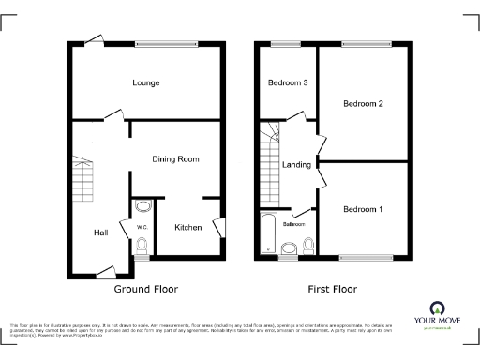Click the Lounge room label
click(145, 83)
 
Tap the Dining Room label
click(176, 159)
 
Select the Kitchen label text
click(187, 227)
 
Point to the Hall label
click(100, 232)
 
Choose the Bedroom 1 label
click(361, 208)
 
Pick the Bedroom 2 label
click(362, 103)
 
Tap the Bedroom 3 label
click(288, 83)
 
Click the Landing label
click(296, 165)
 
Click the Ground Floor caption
click(145, 289)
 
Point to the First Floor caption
click(335, 289)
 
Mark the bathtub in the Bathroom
click(268, 234)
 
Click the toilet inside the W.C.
click(142, 246)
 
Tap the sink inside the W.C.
click(142, 206)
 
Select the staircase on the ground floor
click(81, 178)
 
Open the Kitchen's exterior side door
click(218, 228)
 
